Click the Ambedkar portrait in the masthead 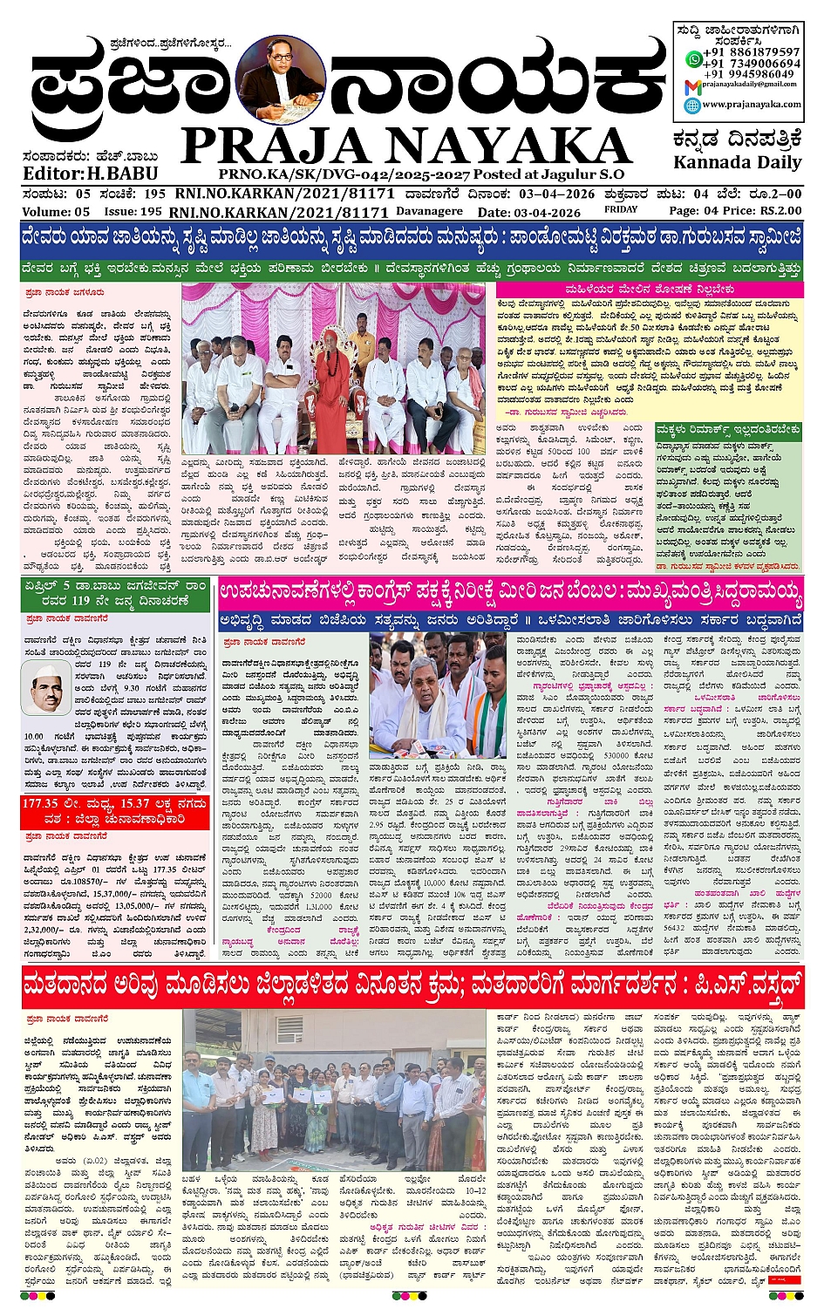[280, 82]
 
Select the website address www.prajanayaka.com [751, 104]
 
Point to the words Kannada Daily [737, 162]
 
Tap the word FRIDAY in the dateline [621, 210]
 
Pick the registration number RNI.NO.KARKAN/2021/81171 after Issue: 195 [279, 212]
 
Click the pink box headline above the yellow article [649, 289]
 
